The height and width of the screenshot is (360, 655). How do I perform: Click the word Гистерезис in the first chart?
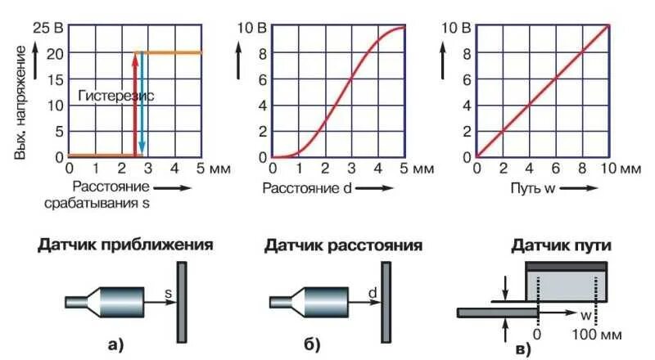pos(115,96)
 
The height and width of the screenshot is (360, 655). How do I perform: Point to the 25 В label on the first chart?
pos(47,27)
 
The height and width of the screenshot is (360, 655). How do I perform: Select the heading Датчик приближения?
pos(124,245)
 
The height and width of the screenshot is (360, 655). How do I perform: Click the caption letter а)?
pos(115,344)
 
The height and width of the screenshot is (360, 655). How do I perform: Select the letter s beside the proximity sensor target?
pos(169,291)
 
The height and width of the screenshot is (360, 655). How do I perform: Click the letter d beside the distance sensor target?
pos(373,290)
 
